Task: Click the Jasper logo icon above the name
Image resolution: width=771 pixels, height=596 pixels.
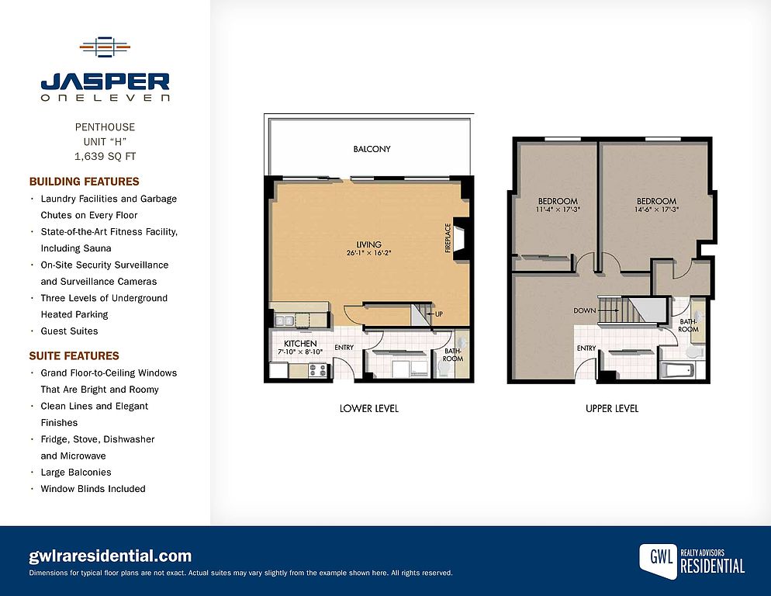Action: click(105, 47)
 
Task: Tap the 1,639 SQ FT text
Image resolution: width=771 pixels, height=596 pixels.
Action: click(105, 157)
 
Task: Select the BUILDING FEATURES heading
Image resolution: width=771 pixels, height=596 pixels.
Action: click(84, 182)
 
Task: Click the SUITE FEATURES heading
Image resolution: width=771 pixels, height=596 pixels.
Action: click(74, 356)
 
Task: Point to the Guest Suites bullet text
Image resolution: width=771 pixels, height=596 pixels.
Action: click(69, 331)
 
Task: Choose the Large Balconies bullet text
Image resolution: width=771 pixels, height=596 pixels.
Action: click(76, 473)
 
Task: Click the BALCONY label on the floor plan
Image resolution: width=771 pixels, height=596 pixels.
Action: click(372, 149)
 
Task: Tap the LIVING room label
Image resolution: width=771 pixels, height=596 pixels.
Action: click(368, 244)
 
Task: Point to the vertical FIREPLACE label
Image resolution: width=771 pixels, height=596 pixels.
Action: click(448, 238)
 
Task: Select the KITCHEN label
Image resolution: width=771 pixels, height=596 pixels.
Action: click(300, 344)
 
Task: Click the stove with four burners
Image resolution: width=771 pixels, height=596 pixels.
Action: click(318, 370)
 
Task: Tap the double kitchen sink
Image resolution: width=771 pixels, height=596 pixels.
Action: click(284, 321)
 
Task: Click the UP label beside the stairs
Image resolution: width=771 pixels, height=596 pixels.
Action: click(439, 314)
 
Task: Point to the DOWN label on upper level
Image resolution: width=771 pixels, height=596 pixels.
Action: click(585, 311)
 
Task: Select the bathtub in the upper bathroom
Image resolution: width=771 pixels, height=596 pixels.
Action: click(678, 371)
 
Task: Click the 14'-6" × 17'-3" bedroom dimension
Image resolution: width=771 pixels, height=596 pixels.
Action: click(656, 210)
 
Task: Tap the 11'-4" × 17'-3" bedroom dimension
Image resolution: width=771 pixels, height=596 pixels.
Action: click(558, 210)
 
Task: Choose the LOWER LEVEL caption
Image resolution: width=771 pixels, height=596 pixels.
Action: click(368, 409)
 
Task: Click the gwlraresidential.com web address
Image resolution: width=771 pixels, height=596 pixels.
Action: click(110, 556)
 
